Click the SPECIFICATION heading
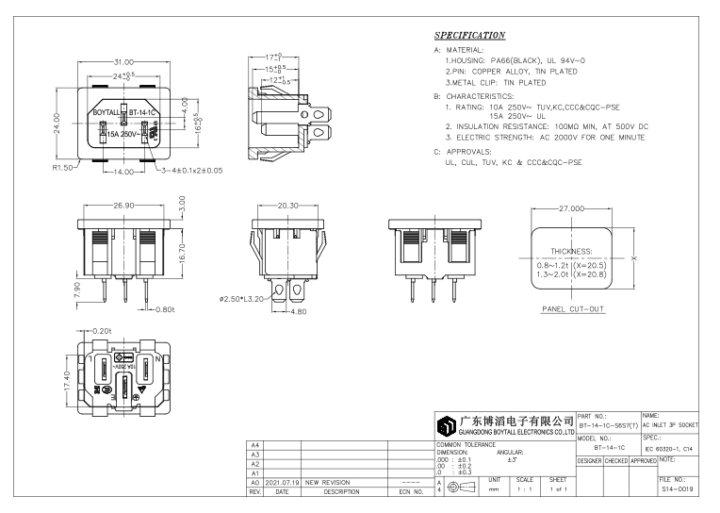click(x=469, y=36)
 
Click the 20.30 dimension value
click(x=288, y=204)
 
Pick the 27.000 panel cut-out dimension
click(x=573, y=207)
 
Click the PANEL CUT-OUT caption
click(x=572, y=309)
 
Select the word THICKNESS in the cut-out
click(x=571, y=252)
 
